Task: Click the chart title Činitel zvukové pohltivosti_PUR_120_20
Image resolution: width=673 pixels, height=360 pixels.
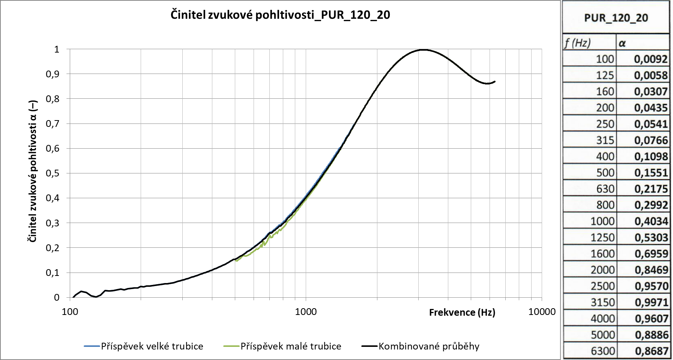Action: point(280,15)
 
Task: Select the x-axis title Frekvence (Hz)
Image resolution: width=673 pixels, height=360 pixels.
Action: point(462,312)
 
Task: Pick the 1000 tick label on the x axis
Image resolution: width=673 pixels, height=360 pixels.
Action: point(305,312)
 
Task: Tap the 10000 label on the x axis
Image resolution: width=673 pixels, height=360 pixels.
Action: point(541,312)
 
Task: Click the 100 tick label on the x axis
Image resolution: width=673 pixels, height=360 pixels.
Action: point(69,312)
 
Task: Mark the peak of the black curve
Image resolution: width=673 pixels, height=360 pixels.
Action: point(423,50)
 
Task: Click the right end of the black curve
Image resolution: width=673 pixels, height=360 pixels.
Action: point(495,81)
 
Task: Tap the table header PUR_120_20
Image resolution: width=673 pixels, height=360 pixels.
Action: point(616,18)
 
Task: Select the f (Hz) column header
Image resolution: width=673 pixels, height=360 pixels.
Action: point(577,43)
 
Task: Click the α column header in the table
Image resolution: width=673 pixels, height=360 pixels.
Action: point(622,43)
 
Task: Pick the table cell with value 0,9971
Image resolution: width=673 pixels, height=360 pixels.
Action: point(651,303)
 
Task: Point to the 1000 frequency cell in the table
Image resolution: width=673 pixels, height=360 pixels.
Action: point(602,221)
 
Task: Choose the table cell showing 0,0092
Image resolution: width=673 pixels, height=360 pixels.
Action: point(651,59)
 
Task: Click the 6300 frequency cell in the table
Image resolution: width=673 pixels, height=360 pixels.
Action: point(602,351)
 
